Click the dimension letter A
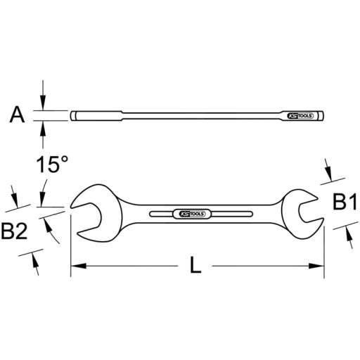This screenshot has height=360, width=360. [x=17, y=115]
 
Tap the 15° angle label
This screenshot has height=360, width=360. [x=53, y=166]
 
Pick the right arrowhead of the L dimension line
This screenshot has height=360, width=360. [x=319, y=266]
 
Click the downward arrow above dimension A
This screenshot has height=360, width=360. [x=44, y=104]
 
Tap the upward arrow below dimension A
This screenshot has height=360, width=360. [x=44, y=127]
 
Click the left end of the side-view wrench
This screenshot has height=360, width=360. [x=73, y=115]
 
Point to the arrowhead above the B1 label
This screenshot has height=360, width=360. [x=329, y=171]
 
